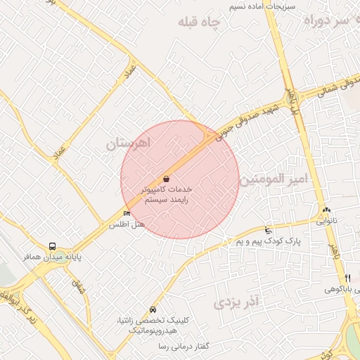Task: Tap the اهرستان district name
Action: click(129, 144)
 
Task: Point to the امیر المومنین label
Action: click(274, 179)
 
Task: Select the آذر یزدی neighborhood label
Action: click(236, 302)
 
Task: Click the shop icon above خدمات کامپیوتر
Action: click(166, 179)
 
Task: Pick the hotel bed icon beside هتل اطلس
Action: click(127, 214)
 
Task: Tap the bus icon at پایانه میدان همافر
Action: click(53, 247)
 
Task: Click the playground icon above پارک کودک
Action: click(267, 230)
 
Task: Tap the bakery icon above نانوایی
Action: click(326, 210)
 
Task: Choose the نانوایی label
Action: click(326, 220)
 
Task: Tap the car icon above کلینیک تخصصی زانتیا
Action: click(153, 310)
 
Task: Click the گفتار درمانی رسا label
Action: click(184, 347)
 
